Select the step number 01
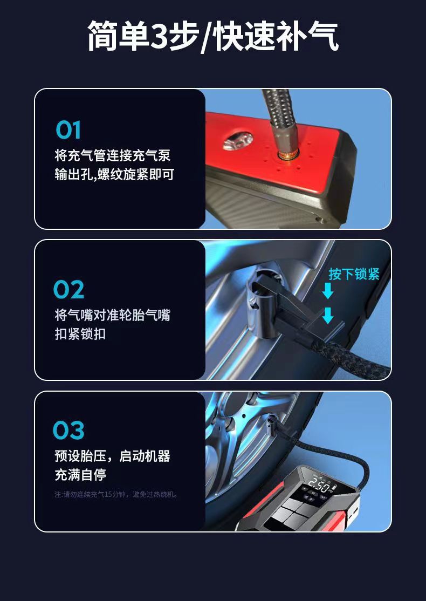(68, 130)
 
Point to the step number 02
(69, 290)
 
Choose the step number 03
(69, 430)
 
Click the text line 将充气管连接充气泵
(113, 156)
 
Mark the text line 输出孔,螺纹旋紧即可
(114, 175)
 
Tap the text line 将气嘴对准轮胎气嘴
(113, 315)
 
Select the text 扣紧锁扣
(80, 334)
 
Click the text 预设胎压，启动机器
(112, 456)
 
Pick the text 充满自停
(80, 475)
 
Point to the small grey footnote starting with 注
(116, 494)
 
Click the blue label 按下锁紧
(354, 274)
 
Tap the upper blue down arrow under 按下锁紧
(328, 292)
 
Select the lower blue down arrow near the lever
(328, 315)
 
